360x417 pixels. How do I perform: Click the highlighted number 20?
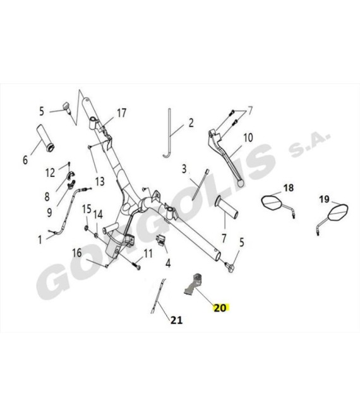point(220,308)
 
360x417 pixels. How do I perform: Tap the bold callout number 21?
point(177,320)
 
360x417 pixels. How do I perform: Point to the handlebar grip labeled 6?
point(45,138)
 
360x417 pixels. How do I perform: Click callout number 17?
point(122,113)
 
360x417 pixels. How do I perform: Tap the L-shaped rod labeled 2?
point(169,133)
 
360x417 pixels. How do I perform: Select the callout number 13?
point(100,181)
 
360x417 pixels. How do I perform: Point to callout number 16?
point(77,253)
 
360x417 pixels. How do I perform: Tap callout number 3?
point(184,169)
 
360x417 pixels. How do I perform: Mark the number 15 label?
point(87,209)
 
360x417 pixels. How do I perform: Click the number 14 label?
point(98,215)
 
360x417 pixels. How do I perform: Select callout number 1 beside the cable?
point(40,239)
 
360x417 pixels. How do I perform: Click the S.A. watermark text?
point(309,143)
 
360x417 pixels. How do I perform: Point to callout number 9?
point(49,212)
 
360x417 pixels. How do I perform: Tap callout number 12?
point(51,173)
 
